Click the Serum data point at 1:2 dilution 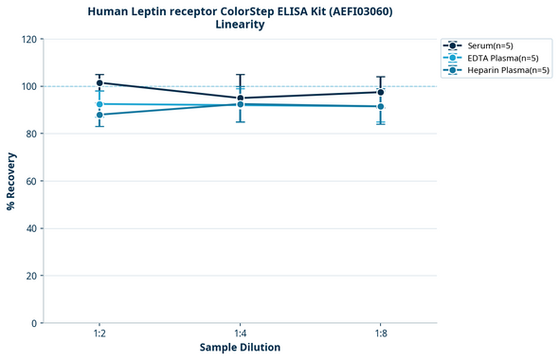(x=99, y=83)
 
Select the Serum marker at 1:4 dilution (x=240, y=99)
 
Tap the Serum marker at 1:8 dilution (x=381, y=92)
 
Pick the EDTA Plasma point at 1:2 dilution (x=99, y=104)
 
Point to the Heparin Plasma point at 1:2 (x=99, y=115)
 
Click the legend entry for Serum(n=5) (x=490, y=45)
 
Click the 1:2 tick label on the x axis (x=99, y=333)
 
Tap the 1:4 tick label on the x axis (x=240, y=333)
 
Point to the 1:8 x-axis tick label (x=381, y=333)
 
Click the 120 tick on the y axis (x=29, y=39)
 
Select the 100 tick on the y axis (x=29, y=86)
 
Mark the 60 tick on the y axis (x=32, y=181)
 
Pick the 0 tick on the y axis (x=35, y=323)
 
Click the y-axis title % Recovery (x=11, y=180)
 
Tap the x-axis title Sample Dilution (x=240, y=348)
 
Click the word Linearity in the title (x=240, y=25)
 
